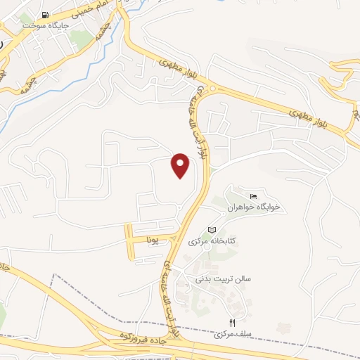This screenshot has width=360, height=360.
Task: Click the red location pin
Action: [x=181, y=165]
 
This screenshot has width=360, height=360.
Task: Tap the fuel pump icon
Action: [x=46, y=15]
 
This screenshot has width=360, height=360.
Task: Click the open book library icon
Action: [x=212, y=231]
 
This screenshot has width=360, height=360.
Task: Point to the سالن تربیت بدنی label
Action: [x=224, y=279]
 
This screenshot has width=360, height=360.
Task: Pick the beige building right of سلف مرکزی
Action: [x=283, y=328]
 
